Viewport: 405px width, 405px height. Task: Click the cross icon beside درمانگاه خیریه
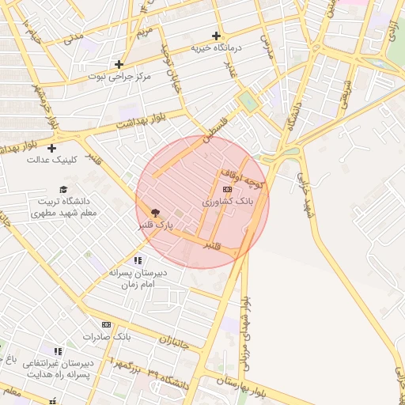point(216,36)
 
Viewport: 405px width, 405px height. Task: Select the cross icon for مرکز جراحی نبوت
point(119,64)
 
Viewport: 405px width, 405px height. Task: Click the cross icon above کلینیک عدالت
point(52,148)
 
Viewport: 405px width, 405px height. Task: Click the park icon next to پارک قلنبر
point(155,212)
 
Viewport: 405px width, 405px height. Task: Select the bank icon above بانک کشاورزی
point(228,189)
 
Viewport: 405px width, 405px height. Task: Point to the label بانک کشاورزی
point(228,202)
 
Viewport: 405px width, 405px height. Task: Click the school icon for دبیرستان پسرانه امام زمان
point(138,259)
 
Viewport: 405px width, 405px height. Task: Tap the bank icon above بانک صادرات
point(106,324)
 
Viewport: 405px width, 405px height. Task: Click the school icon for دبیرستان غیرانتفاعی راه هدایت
point(57,351)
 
